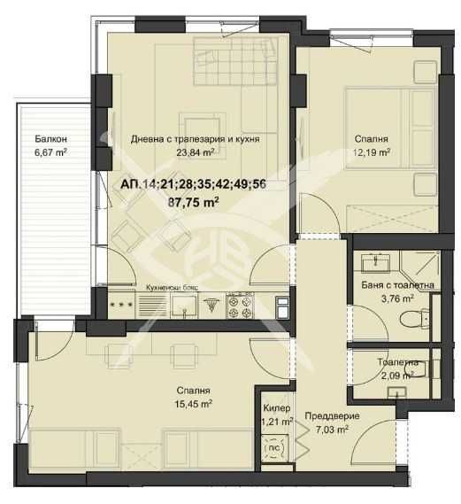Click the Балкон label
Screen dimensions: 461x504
[50, 139]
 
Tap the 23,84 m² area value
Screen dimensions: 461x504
[196, 151]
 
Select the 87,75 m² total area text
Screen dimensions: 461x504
[193, 202]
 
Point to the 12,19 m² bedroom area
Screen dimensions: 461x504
[372, 151]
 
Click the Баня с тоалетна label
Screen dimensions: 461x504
[397, 285]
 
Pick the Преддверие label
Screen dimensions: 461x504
[332, 416]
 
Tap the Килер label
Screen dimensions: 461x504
[277, 408]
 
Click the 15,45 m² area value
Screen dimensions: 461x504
[193, 404]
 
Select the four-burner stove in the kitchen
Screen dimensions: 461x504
[240, 306]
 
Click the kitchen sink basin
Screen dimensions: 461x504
[184, 306]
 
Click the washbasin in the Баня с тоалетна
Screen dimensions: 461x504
[375, 263]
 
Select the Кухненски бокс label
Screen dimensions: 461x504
[172, 287]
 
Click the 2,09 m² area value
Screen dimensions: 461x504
[397, 376]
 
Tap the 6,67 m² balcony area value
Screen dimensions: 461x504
[50, 151]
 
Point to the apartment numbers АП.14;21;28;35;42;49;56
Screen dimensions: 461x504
[193, 184]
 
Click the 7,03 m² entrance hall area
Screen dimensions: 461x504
[332, 429]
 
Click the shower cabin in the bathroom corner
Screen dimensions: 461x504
[420, 269]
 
